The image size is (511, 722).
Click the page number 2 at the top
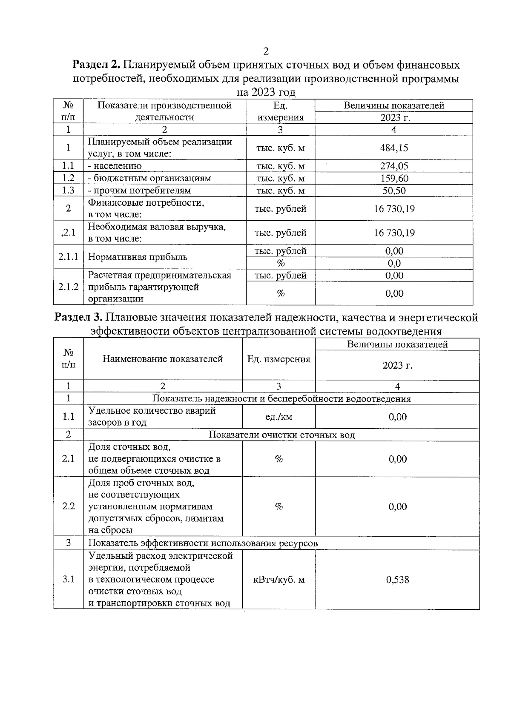click(266, 51)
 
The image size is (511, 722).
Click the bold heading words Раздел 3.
click(79, 317)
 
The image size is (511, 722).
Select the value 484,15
click(394, 148)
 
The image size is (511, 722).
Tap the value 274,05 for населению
click(394, 166)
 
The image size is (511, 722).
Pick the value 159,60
click(394, 178)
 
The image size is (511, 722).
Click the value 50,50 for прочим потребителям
click(394, 190)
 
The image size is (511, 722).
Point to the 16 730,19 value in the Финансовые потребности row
click(394, 209)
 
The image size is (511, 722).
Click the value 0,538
click(397, 580)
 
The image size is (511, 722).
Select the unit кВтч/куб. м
click(279, 580)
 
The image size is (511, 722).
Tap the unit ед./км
click(279, 417)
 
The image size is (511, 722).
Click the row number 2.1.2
click(68, 287)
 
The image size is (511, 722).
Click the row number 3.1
click(68, 580)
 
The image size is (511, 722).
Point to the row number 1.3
click(68, 190)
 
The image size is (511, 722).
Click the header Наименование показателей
click(163, 359)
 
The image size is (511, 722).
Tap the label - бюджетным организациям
click(149, 178)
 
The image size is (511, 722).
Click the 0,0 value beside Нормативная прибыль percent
click(394, 263)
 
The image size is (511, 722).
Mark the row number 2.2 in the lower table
click(68, 506)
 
